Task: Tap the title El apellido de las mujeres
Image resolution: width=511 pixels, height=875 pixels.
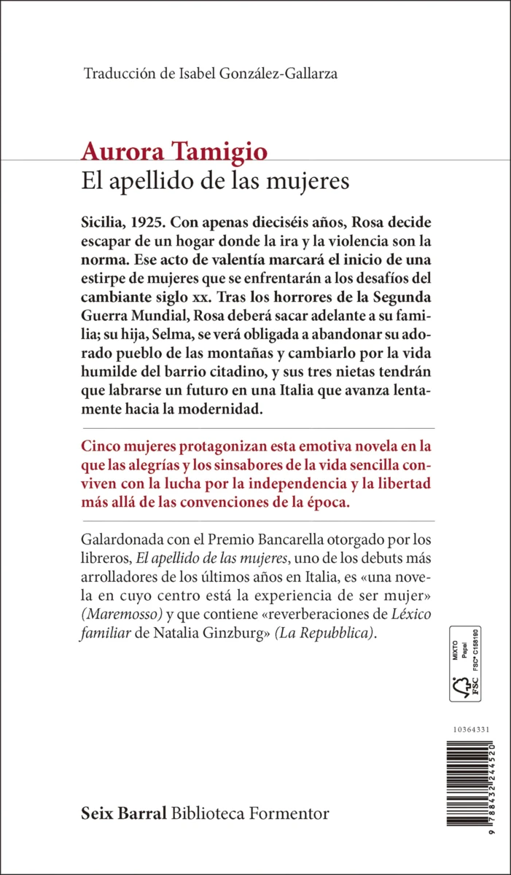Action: (x=215, y=181)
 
